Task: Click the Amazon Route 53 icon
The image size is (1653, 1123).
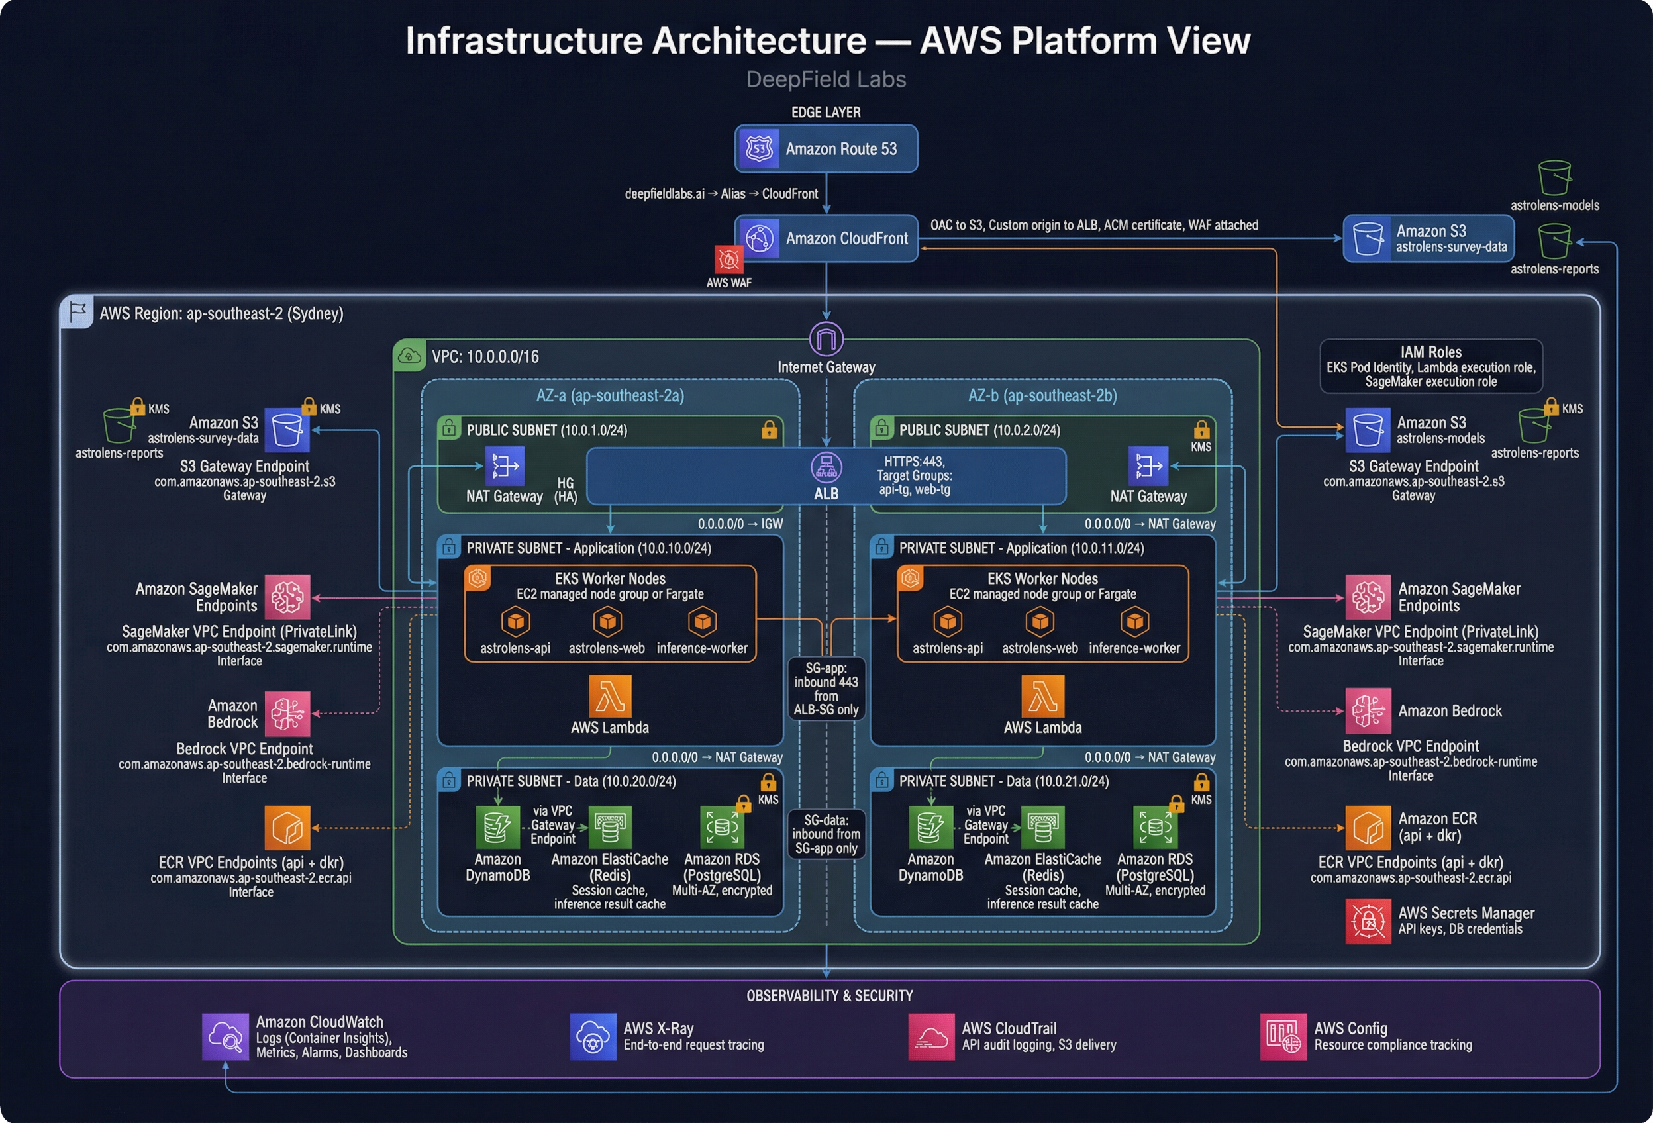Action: pyautogui.click(x=759, y=148)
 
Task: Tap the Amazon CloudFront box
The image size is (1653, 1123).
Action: pyautogui.click(x=826, y=238)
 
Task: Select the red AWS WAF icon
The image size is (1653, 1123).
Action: pyautogui.click(x=728, y=260)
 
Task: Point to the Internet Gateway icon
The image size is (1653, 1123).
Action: pyautogui.click(x=826, y=339)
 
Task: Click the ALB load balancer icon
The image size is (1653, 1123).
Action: pyautogui.click(x=826, y=467)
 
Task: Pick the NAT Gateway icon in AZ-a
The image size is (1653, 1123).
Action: pyautogui.click(x=504, y=467)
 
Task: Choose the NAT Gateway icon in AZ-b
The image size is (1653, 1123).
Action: pyautogui.click(x=1148, y=467)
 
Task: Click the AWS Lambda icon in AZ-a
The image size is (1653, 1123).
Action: pyautogui.click(x=609, y=697)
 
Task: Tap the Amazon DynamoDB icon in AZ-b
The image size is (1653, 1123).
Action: pyautogui.click(x=930, y=827)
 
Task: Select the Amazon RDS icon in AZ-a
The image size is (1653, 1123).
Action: pyautogui.click(x=721, y=827)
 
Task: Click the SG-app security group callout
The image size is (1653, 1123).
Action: pyautogui.click(x=826, y=689)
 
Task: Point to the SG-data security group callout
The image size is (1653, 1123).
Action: pyautogui.click(x=826, y=834)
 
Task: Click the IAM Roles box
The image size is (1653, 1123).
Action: pyautogui.click(x=1430, y=366)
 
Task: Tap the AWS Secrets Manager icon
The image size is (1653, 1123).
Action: pyautogui.click(x=1367, y=921)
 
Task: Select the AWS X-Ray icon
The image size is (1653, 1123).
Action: pyautogui.click(x=593, y=1036)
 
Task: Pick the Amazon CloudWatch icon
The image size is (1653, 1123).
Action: pyautogui.click(x=225, y=1036)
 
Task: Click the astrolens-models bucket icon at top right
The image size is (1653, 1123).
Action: pyautogui.click(x=1554, y=178)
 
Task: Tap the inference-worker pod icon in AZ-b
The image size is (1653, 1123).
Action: pyautogui.click(x=1134, y=622)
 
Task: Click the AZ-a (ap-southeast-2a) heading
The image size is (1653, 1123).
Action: pyautogui.click(x=609, y=395)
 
